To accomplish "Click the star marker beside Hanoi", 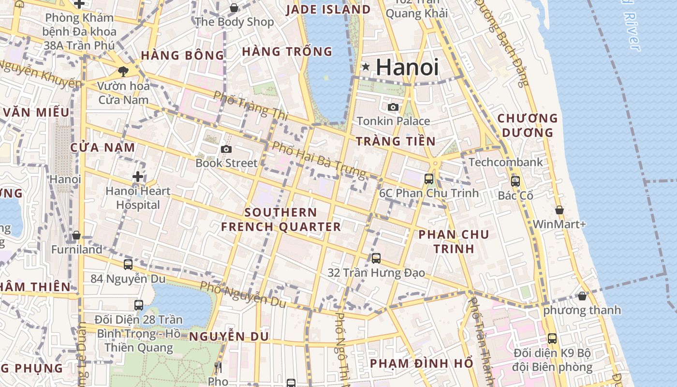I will (366, 67).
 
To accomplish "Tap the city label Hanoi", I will (407, 67).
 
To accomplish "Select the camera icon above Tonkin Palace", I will (393, 107).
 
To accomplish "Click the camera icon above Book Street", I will (226, 149).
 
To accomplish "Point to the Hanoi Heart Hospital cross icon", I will (138, 177).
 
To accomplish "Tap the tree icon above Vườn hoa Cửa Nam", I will (123, 72).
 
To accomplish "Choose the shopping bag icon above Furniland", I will (76, 236).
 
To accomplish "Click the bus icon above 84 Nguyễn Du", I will (128, 265).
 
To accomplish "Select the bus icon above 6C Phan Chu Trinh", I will (428, 179).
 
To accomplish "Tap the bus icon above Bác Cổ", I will (515, 181).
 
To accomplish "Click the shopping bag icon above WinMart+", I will (559, 210).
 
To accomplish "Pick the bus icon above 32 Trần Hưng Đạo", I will (376, 258).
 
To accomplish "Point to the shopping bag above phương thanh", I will (582, 296).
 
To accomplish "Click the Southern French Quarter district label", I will (281, 220).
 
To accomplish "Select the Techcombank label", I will (506, 162).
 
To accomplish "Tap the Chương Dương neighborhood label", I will (528, 125).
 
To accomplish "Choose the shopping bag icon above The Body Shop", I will (234, 8).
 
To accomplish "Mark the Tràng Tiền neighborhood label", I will (396, 141).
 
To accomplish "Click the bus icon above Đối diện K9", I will (552, 339).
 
